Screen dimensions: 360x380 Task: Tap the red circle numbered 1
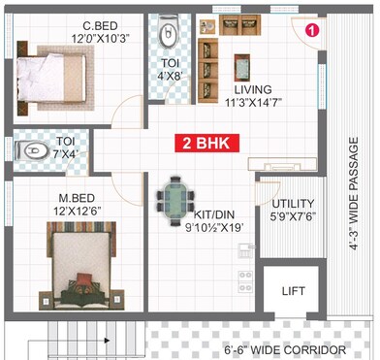312,30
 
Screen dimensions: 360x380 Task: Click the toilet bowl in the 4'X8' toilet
168,35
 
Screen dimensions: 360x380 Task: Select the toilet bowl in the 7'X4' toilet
35,151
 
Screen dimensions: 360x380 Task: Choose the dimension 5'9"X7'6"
293,216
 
